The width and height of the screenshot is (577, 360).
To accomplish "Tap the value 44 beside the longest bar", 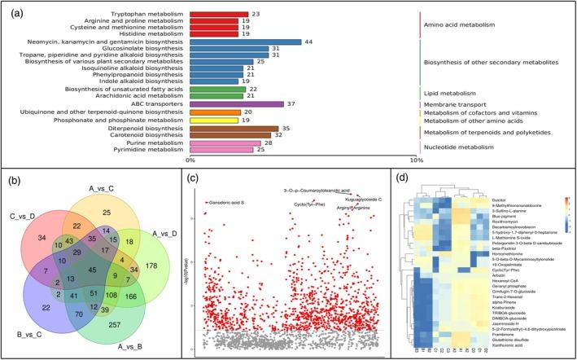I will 308,42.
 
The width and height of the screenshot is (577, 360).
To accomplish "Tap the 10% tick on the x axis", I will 415,160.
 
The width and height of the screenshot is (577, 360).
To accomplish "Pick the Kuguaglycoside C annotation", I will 364,199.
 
